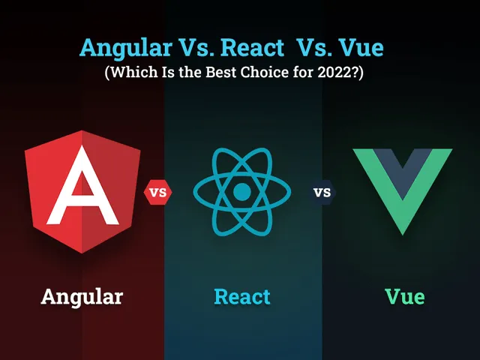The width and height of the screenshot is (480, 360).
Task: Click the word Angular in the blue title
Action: click(125, 49)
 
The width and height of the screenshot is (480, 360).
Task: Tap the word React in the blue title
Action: click(253, 48)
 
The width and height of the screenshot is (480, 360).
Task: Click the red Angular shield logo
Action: click(82, 192)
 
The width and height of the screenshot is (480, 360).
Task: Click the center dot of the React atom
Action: click(241, 192)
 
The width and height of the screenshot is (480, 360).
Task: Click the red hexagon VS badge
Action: click(158, 192)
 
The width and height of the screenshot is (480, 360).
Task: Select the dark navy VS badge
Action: click(322, 192)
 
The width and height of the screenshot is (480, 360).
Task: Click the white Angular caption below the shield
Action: click(82, 297)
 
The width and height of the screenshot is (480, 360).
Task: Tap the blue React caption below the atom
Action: click(242, 296)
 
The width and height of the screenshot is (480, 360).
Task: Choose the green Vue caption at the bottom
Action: click(405, 296)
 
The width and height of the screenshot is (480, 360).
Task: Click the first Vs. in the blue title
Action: click(196, 48)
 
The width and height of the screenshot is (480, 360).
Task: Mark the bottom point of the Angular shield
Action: click(82, 253)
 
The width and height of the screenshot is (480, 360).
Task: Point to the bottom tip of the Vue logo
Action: click(402, 235)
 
